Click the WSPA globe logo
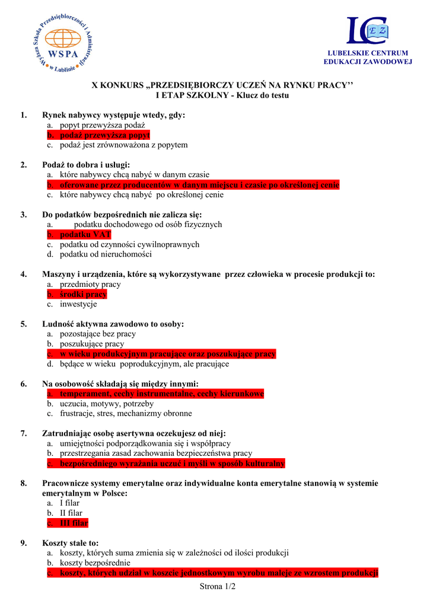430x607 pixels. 63,43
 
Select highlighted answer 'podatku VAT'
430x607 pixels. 85,235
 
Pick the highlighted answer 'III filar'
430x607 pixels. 74,523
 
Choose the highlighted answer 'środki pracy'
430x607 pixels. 83,295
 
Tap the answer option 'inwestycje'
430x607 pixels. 78,305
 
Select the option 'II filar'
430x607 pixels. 71,513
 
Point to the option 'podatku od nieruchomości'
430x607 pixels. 106,254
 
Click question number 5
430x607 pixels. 24,324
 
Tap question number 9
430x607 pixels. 24,543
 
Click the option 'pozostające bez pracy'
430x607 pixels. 98,334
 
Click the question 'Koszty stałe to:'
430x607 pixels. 71,543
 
